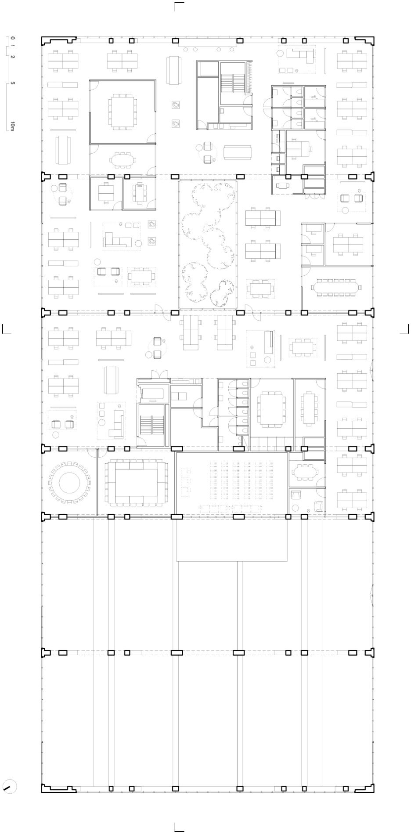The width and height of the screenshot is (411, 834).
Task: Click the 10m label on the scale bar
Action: (13, 126)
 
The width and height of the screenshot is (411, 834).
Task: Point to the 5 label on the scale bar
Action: (13, 83)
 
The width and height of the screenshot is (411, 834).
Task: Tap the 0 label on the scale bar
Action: (13, 39)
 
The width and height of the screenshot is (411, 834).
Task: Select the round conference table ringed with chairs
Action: (69, 483)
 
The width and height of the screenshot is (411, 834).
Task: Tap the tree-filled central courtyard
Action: (208, 245)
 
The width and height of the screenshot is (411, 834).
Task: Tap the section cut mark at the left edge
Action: (6, 329)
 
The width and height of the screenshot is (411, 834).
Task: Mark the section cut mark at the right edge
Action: (405, 329)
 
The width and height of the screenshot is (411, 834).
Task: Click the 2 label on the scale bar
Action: (13, 57)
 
